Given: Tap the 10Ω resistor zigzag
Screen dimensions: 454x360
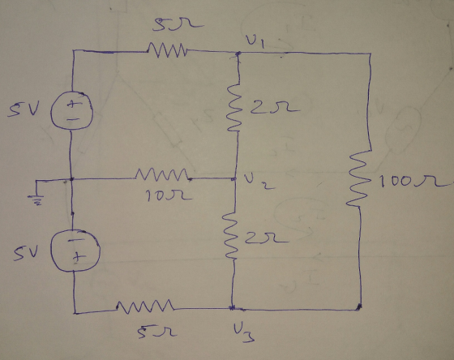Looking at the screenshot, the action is [x=162, y=175].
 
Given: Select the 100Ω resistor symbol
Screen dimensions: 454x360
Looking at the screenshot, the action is [x=358, y=178].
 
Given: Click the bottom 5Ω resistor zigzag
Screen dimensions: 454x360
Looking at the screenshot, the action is [x=145, y=307].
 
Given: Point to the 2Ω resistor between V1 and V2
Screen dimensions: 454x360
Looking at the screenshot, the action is [x=234, y=107].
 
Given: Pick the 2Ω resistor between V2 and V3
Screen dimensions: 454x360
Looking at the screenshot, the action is [x=231, y=235].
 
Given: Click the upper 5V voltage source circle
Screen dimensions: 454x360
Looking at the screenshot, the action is [x=72, y=110].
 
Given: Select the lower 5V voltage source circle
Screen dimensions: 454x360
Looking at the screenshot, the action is [x=75, y=251].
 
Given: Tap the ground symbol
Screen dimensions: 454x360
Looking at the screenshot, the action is [x=36, y=193].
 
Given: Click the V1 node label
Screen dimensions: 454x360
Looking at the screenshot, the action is [x=255, y=41].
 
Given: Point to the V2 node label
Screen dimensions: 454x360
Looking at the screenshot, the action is [x=259, y=182].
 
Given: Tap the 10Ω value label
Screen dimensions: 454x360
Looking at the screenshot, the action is [x=169, y=195].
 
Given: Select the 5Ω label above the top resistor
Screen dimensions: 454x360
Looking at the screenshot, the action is [x=178, y=24].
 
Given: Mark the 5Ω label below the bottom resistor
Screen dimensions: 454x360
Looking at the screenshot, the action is [x=157, y=332].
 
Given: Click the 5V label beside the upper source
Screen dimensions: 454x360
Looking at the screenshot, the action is [x=24, y=110].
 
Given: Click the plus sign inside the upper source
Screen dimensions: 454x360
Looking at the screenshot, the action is [x=72, y=104].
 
